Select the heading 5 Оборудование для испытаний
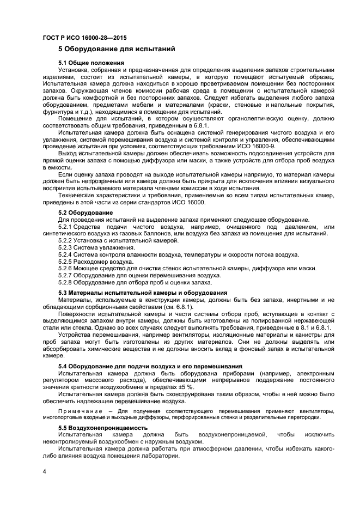[x=117, y=50]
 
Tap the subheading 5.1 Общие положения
[x=91, y=64]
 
